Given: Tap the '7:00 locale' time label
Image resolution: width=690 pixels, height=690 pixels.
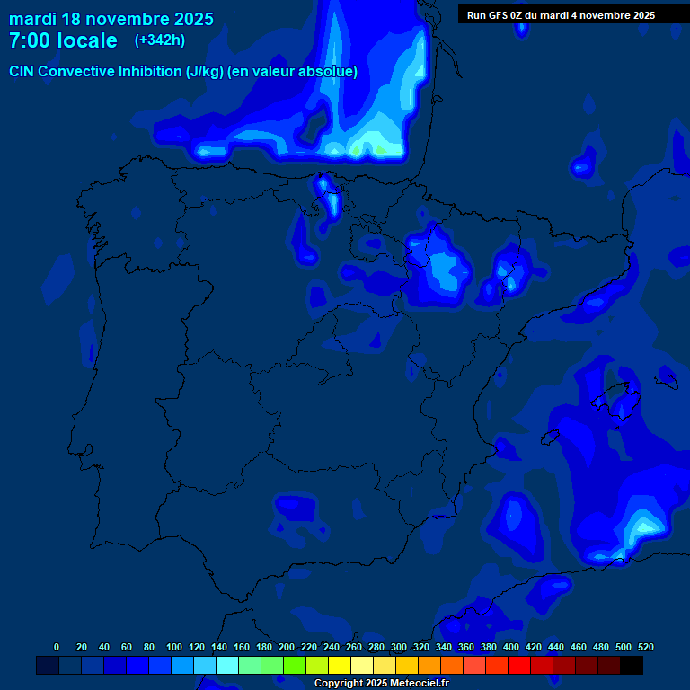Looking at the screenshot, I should (x=63, y=40).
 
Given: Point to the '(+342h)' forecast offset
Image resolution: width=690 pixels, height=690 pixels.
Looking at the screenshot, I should (x=160, y=40).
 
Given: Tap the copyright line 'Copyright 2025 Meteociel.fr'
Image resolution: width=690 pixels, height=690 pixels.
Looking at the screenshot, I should (x=381, y=683).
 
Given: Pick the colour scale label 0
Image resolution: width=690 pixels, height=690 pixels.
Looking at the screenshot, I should (x=57, y=647).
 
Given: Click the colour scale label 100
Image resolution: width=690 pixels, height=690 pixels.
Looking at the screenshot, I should (x=174, y=647).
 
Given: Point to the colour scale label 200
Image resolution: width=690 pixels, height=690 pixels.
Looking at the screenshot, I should (x=287, y=647).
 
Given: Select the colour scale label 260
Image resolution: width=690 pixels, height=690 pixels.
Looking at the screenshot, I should (x=354, y=647).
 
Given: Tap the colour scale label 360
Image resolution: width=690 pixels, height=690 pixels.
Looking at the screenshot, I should (x=466, y=647).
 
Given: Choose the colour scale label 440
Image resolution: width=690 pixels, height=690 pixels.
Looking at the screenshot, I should (x=556, y=647).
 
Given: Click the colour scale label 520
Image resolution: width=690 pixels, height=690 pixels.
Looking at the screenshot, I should (x=646, y=647).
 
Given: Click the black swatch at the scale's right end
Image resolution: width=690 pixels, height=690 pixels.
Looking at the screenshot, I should (x=632, y=665).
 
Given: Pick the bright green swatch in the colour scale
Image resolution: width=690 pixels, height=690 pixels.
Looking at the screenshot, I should (x=295, y=665).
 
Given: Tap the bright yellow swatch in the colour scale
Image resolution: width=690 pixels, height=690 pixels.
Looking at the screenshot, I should (x=340, y=665).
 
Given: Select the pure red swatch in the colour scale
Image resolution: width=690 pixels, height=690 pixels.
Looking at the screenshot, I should (x=519, y=665).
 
